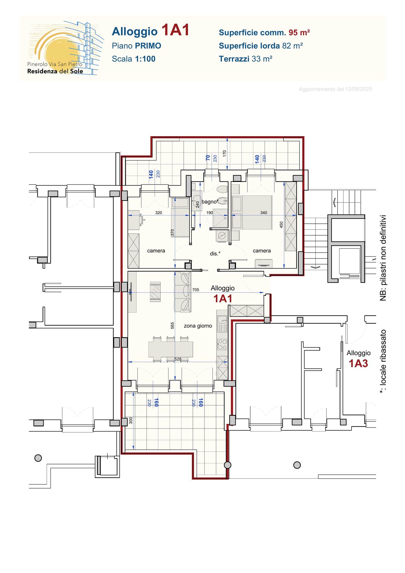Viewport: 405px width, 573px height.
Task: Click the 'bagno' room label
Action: click(x=209, y=202)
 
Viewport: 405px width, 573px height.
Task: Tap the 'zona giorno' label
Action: click(x=198, y=326)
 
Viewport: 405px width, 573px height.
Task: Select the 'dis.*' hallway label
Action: click(x=215, y=253)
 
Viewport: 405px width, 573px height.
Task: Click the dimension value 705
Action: click(x=195, y=290)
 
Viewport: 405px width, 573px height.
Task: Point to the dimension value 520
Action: click(x=178, y=359)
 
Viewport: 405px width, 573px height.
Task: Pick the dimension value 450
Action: click(x=281, y=225)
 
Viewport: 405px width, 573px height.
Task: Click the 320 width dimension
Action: click(x=159, y=213)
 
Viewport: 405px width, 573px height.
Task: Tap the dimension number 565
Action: click(x=172, y=325)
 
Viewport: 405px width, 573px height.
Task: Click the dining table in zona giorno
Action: click(x=171, y=349)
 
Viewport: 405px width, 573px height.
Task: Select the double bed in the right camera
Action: click(x=252, y=212)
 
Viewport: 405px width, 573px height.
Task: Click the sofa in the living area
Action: click(x=182, y=292)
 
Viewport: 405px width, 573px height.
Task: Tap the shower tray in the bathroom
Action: click(x=220, y=218)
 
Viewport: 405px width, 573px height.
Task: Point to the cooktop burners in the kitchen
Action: click(x=222, y=344)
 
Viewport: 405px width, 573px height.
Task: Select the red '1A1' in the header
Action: click(x=175, y=30)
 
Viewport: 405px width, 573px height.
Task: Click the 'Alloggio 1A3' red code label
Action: click(x=358, y=363)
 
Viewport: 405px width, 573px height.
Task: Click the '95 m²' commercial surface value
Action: click(x=299, y=32)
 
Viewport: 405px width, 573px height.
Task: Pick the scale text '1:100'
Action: click(x=145, y=59)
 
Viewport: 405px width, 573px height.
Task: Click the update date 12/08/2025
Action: click(x=358, y=89)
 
